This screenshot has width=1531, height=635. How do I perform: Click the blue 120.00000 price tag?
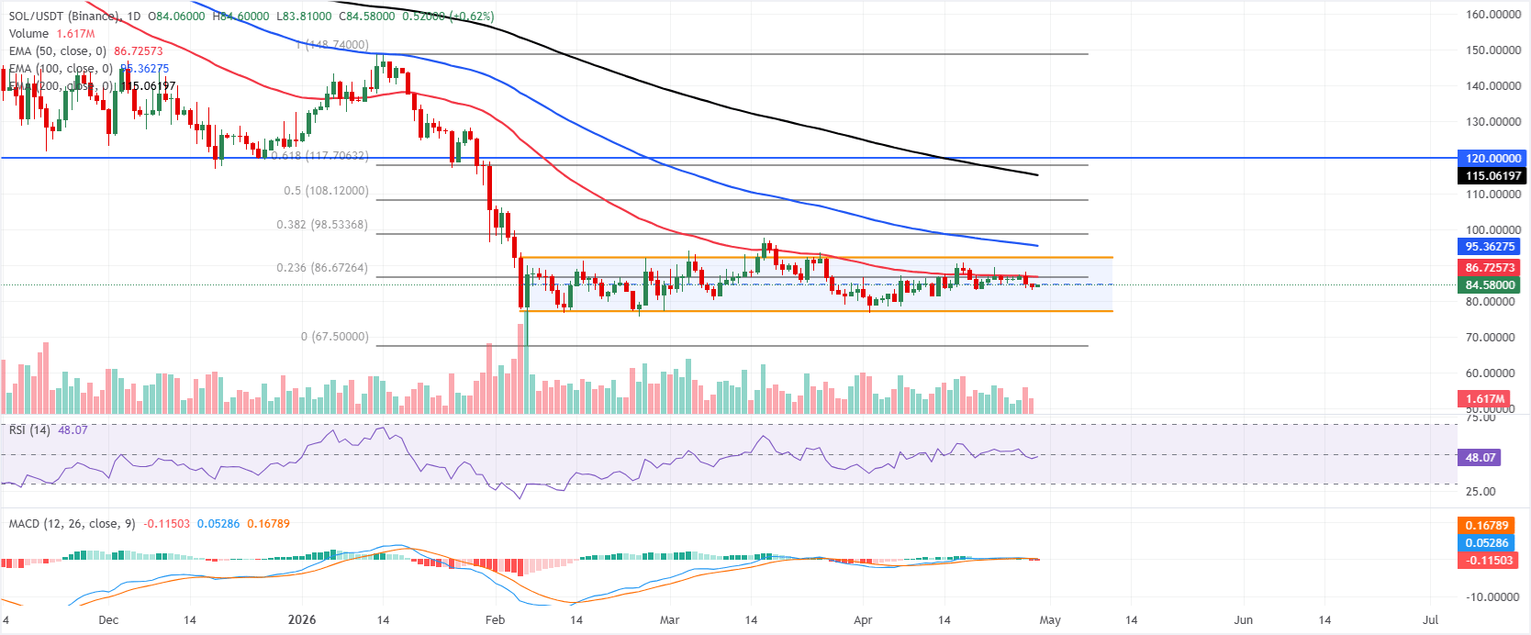click(1492, 158)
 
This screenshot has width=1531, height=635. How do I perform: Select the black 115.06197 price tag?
click(1492, 175)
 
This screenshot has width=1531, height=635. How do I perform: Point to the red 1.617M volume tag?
click(1484, 398)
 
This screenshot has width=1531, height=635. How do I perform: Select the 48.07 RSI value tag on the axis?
click(1480, 457)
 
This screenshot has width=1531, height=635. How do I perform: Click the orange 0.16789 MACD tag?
click(1486, 526)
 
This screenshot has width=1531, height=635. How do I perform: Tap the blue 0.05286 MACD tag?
click(1486, 542)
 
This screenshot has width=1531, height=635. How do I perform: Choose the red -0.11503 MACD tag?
click(1486, 560)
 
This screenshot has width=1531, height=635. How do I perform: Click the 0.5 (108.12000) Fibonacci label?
click(326, 191)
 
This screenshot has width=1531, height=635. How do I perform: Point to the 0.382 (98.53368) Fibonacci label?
click(322, 225)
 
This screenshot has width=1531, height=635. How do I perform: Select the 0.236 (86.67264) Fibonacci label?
click(322, 268)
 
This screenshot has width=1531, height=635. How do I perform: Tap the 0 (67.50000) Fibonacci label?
click(334, 337)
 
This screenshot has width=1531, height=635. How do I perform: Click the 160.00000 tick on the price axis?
click(1493, 15)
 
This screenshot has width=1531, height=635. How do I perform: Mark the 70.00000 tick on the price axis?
click(1493, 338)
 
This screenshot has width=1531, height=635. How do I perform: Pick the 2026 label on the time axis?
click(302, 619)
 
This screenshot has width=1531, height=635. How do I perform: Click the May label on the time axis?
click(1050, 619)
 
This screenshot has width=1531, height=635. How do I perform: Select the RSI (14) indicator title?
click(29, 429)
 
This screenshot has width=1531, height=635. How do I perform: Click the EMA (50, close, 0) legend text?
click(58, 51)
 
